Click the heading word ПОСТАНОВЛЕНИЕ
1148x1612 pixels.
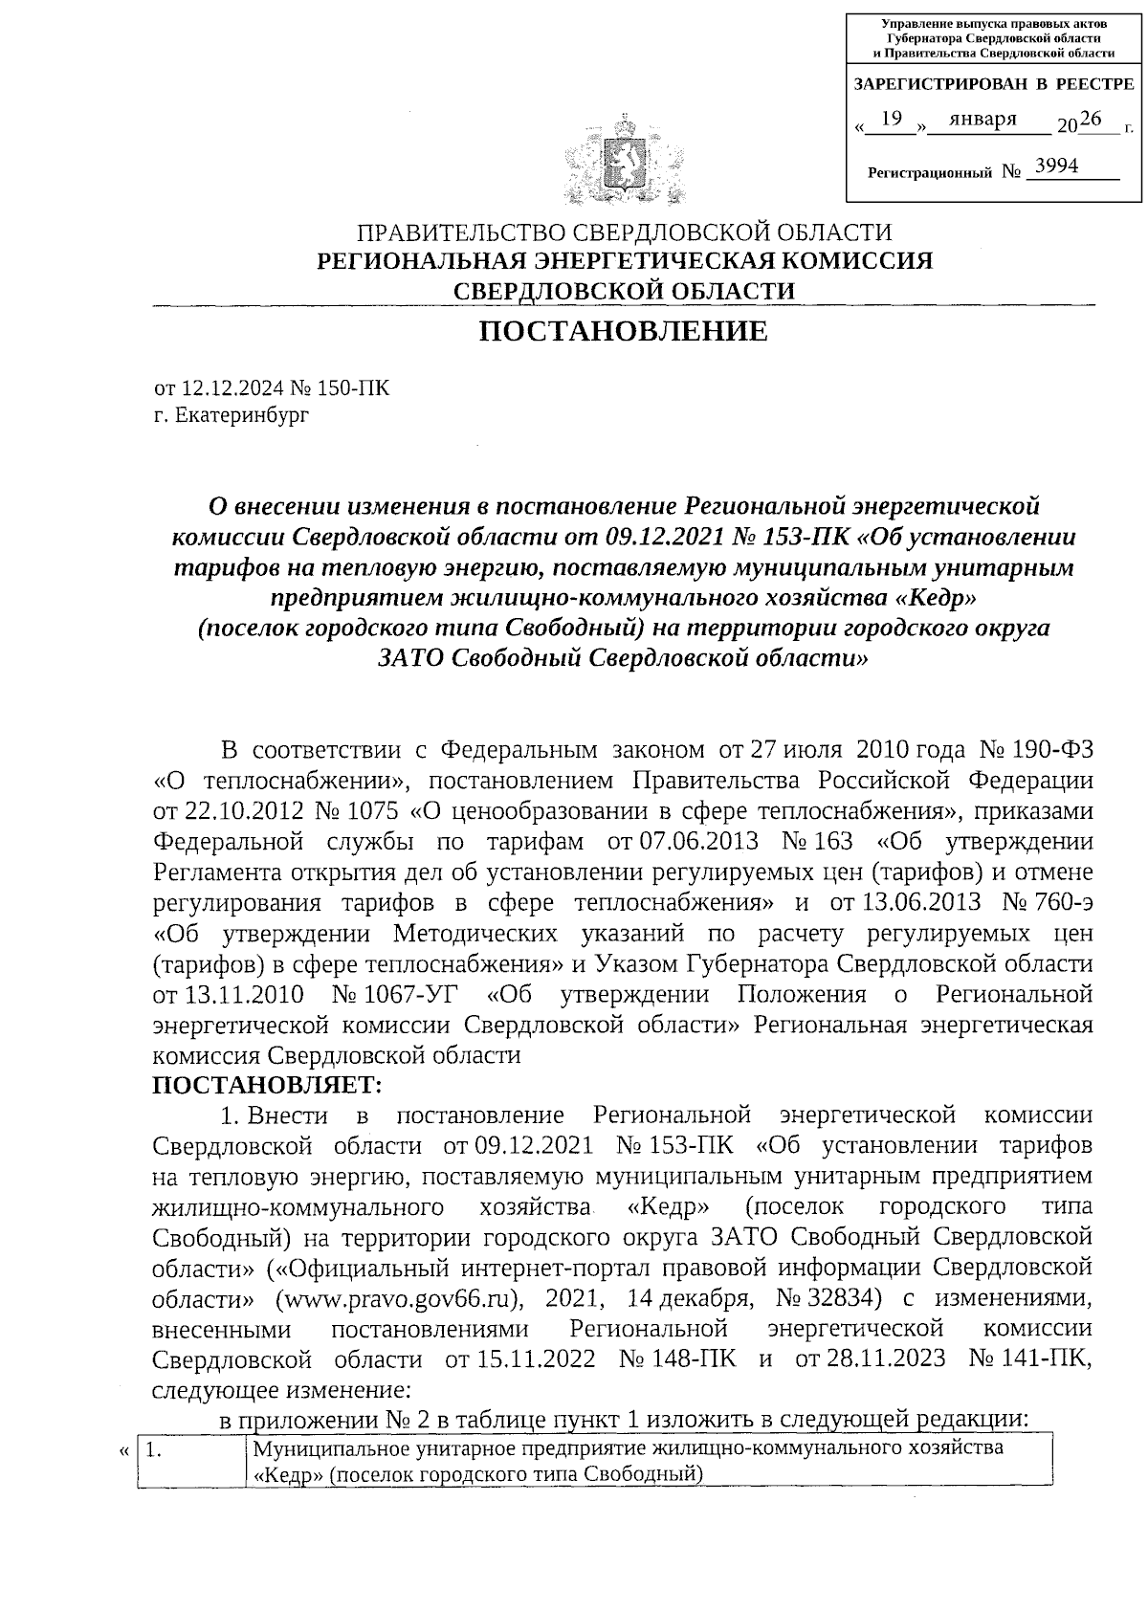623,331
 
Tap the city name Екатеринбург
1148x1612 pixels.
243,414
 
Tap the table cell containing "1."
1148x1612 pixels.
191,1462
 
